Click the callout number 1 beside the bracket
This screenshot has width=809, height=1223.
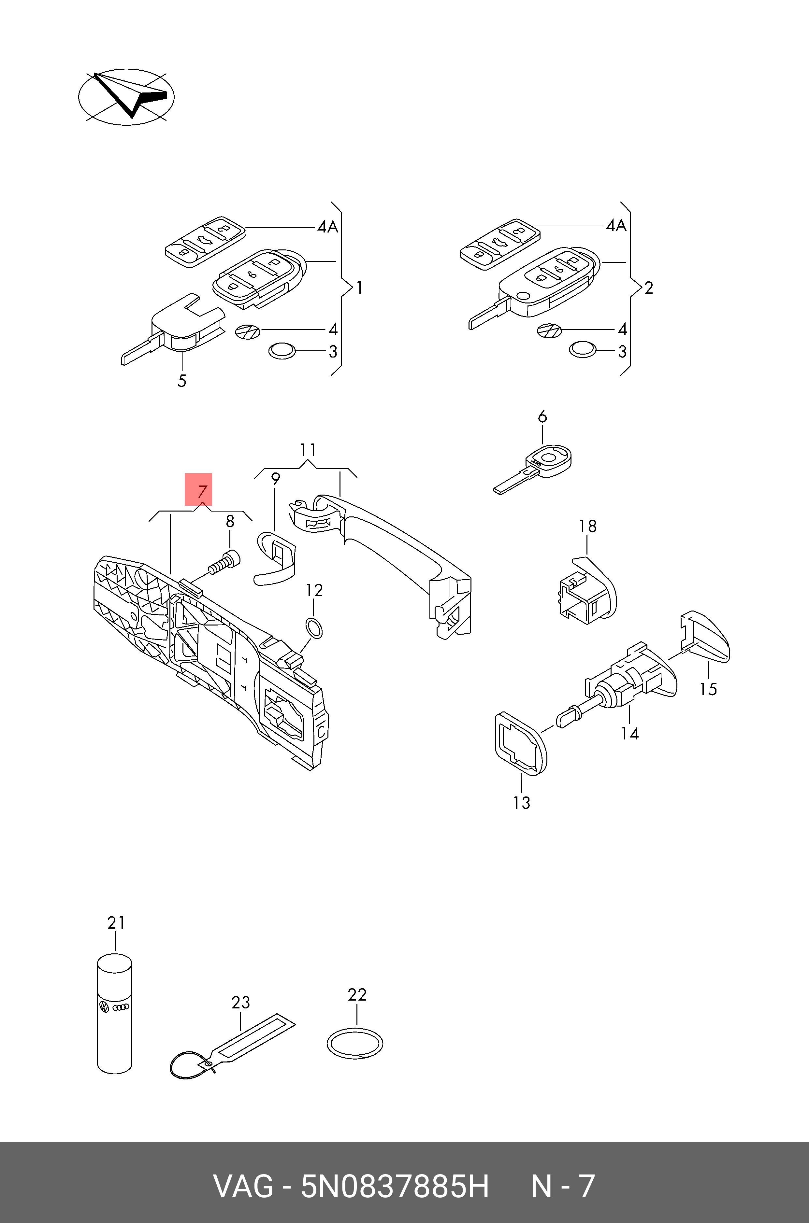pyautogui.click(x=360, y=288)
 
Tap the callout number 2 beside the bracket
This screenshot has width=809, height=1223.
pyautogui.click(x=649, y=288)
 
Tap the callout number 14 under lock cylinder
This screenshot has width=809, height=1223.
pyautogui.click(x=629, y=733)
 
